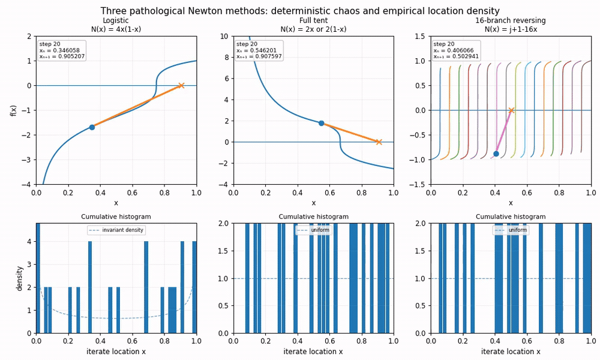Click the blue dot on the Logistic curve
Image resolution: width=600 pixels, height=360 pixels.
[x=92, y=127]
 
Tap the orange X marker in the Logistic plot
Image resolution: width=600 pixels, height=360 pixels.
[x=181, y=85]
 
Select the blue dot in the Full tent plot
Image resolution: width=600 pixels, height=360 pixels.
[x=322, y=123]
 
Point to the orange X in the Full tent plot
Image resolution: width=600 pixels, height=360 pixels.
[x=379, y=142]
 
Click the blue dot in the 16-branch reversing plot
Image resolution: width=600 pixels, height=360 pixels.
[x=496, y=154]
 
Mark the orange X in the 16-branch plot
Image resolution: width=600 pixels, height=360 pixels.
[x=511, y=110]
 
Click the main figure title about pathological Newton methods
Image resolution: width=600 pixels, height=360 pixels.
[x=300, y=11]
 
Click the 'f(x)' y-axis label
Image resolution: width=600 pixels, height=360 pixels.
[x=14, y=110]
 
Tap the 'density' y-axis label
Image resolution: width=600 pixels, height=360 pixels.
[x=20, y=278]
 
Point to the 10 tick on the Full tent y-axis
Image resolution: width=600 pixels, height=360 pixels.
[x=224, y=37]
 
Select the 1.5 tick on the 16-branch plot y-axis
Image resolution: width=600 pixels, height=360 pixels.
[x=420, y=37]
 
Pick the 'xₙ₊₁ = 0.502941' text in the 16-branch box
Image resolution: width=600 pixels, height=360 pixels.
[x=456, y=56]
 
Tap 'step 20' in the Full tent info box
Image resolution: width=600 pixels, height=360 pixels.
[x=247, y=44]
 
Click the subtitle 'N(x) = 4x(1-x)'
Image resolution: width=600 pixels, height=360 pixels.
[x=116, y=29]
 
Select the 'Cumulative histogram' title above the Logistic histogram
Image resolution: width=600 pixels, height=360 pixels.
[x=116, y=217]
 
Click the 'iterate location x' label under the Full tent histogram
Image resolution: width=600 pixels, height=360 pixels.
[x=313, y=352]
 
